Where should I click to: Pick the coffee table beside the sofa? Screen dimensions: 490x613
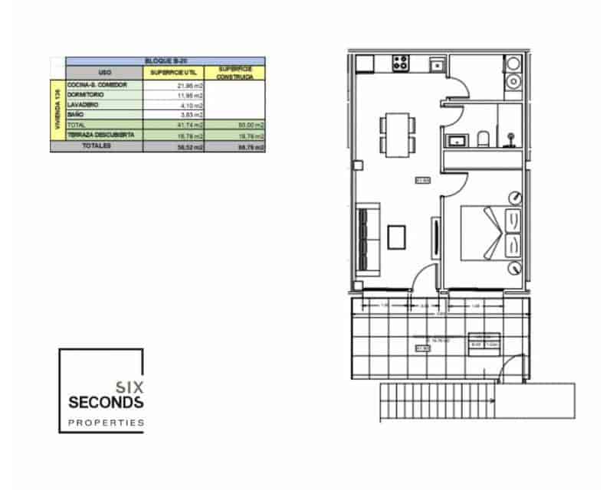coord(397,237)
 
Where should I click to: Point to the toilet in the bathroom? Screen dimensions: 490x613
coord(483,139)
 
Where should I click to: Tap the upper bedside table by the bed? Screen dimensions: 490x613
coord(515,197)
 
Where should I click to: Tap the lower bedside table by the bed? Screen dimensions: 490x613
coord(515,267)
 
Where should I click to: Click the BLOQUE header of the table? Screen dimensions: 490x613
coord(166,60)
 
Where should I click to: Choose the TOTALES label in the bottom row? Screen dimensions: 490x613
coord(97,145)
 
